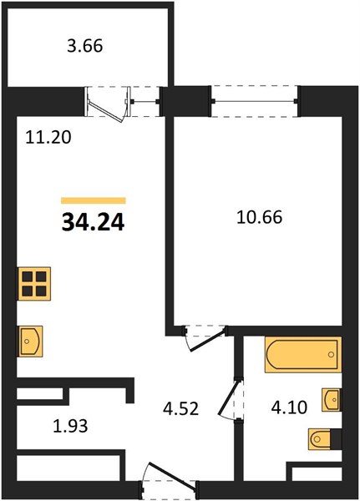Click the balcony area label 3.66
(85, 46)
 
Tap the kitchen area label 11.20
(48, 138)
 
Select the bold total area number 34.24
(93, 222)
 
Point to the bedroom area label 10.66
(259, 217)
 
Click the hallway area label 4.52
(180, 408)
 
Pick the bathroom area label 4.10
(289, 407)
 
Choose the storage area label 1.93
(70, 426)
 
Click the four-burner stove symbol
(34, 283)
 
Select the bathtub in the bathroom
(303, 354)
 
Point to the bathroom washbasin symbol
(332, 400)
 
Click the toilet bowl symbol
(320, 439)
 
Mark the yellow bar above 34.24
(94, 200)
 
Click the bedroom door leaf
(208, 341)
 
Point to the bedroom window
(255, 102)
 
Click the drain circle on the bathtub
(331, 354)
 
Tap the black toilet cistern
(336, 439)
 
